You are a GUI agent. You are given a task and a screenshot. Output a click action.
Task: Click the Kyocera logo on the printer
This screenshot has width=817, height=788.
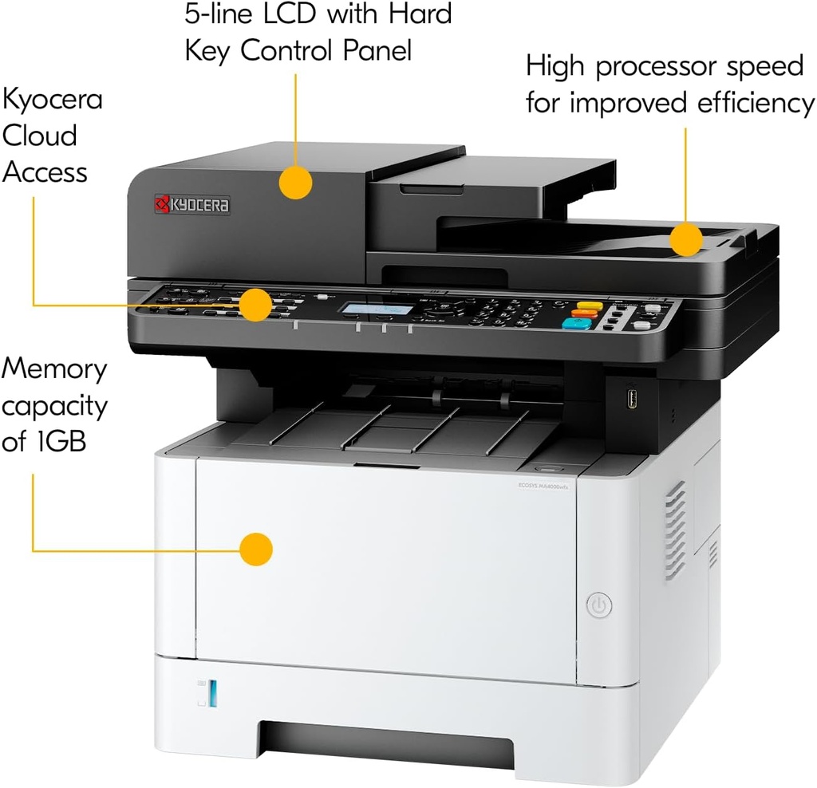point(192,205)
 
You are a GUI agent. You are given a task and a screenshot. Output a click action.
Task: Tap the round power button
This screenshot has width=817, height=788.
point(599,606)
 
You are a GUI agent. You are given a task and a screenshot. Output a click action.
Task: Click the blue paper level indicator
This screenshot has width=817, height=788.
point(211,693)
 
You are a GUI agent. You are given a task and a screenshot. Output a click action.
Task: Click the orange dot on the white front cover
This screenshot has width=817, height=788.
point(256,550)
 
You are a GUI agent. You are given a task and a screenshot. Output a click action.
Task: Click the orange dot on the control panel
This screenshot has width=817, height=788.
point(255,305)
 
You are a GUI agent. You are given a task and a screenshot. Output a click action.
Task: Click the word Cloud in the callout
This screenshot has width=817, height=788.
point(40,136)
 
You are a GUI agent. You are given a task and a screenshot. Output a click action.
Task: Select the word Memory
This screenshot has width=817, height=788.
point(54,369)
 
